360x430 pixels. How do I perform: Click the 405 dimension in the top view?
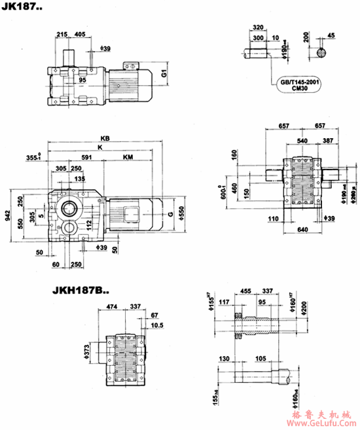(79, 33)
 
